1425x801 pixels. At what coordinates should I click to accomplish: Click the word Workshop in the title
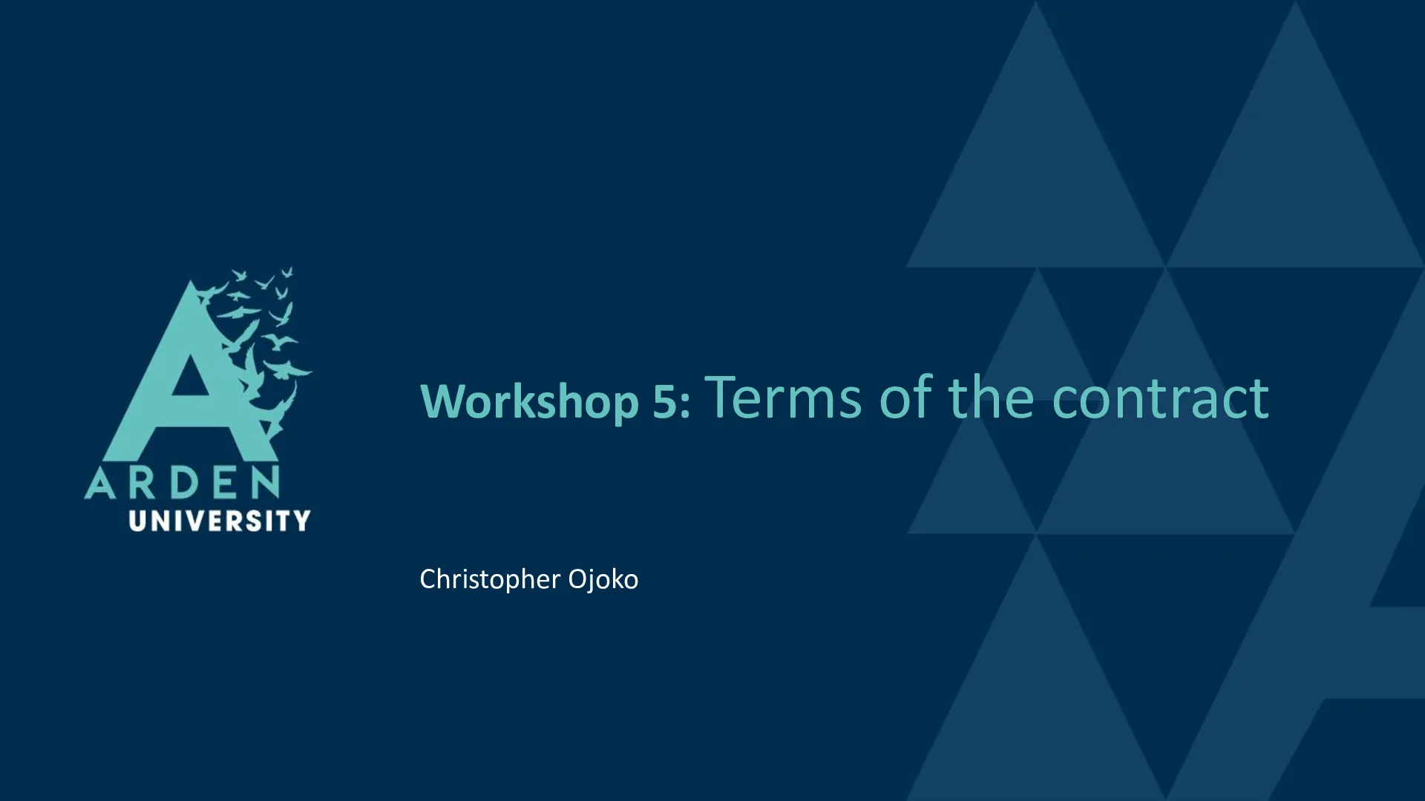point(530,402)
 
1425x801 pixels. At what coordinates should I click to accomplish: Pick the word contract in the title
point(1160,398)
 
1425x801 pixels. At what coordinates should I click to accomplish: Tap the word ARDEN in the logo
point(183,483)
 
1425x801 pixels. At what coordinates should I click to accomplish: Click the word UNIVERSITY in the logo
point(220,521)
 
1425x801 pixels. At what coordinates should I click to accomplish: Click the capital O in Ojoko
point(579,579)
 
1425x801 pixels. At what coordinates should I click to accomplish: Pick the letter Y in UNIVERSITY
point(301,521)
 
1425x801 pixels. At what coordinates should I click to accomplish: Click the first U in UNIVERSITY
point(138,521)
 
